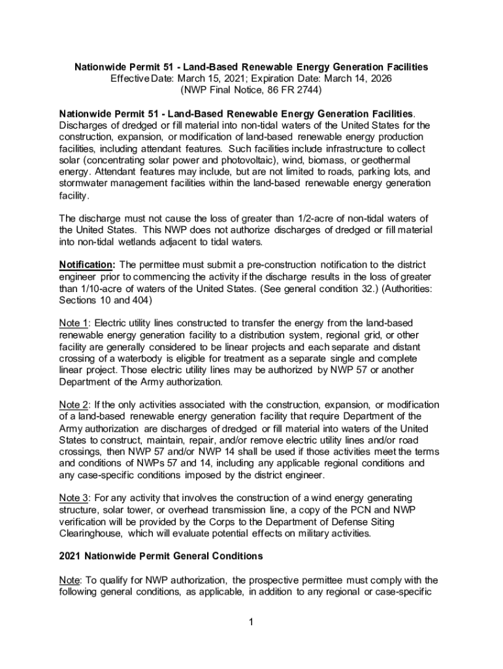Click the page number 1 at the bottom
(x=251, y=620)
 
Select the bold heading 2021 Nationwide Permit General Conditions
(x=161, y=556)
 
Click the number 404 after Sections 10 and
(x=142, y=300)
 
